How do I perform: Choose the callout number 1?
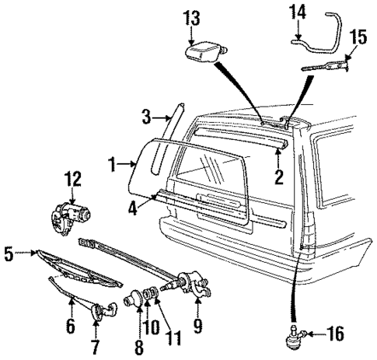pos(113,164)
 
